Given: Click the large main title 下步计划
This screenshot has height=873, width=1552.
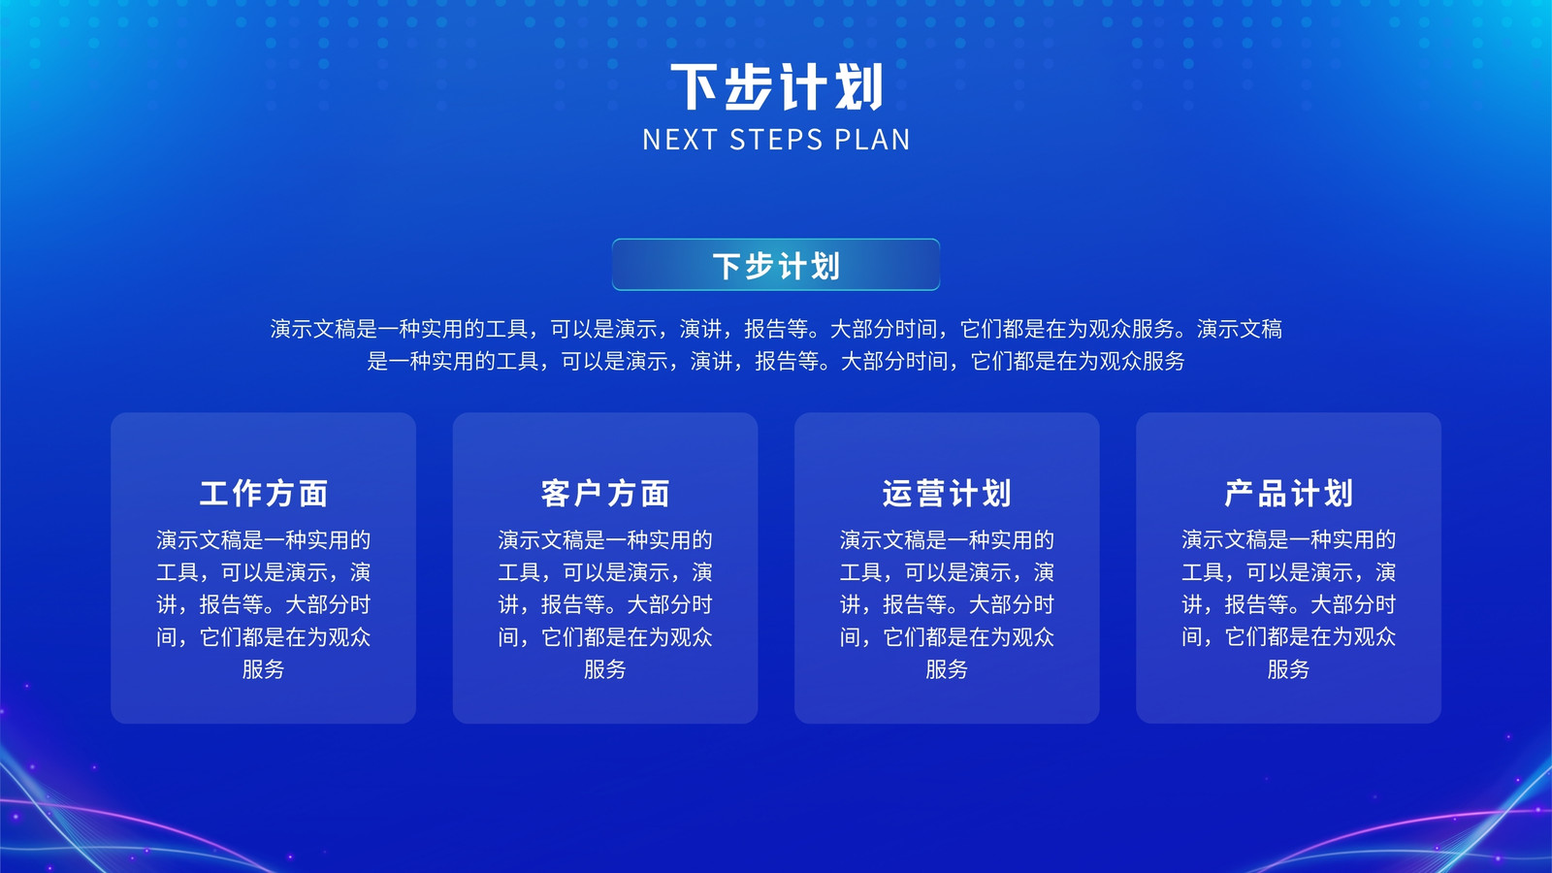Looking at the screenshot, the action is (776, 87).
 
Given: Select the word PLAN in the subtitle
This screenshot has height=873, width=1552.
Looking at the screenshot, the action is (872, 140).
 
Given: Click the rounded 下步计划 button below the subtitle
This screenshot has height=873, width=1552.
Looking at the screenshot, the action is (776, 265).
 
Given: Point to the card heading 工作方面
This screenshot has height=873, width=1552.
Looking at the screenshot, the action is (263, 494).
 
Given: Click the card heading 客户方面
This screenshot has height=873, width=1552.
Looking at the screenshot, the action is (605, 494).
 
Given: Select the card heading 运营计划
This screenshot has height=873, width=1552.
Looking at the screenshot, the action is (947, 494).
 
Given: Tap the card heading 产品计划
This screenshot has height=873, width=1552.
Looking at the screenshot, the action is (1289, 494).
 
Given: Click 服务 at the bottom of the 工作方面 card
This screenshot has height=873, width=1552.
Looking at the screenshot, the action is (263, 669).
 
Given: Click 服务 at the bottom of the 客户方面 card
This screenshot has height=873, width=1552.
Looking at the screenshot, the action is (605, 669).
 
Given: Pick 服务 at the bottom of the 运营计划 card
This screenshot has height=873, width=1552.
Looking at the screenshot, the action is (947, 669).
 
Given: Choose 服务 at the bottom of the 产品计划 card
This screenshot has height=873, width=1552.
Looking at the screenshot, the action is (1289, 669).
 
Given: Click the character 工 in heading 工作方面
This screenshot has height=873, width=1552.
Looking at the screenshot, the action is (214, 494).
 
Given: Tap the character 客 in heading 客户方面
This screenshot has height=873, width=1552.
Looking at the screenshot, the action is (556, 494).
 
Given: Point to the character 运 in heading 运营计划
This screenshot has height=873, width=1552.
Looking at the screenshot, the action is (897, 494).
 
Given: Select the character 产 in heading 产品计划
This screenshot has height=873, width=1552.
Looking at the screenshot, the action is (1239, 494).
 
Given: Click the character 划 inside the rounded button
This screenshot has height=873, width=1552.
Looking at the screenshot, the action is (825, 266).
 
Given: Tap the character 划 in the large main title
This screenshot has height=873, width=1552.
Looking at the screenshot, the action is (859, 87).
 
